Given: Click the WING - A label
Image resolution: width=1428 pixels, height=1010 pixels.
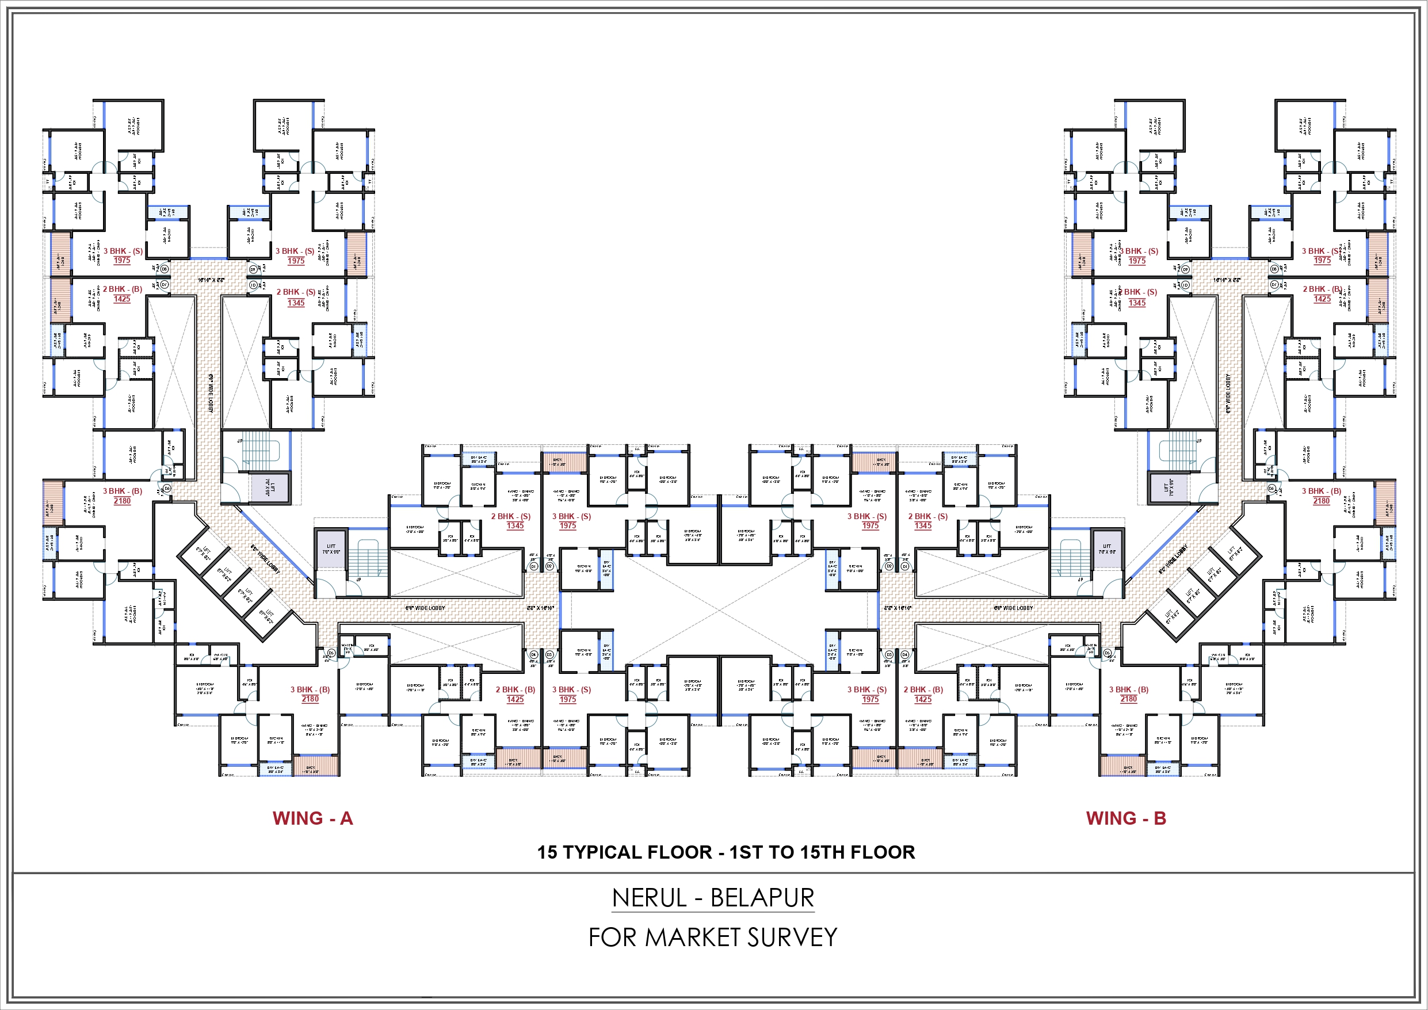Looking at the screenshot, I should (x=312, y=818).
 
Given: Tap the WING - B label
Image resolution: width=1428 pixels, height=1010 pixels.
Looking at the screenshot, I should (x=1126, y=818).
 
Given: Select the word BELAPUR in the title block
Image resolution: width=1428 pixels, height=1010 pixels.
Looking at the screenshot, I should (x=762, y=898).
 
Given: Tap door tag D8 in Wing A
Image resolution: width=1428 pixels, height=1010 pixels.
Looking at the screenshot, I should (x=164, y=269).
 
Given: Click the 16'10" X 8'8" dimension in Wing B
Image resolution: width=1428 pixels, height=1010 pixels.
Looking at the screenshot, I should (x=1227, y=281).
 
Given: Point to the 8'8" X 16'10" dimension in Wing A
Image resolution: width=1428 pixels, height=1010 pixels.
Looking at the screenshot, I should (x=540, y=607).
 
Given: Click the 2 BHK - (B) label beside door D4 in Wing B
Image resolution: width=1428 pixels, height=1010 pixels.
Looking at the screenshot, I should (x=923, y=689).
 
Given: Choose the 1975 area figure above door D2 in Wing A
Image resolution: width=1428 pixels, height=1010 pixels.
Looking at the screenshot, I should (x=567, y=526).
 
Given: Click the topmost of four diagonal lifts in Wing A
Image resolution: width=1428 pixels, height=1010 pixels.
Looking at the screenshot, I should (x=203, y=553).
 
